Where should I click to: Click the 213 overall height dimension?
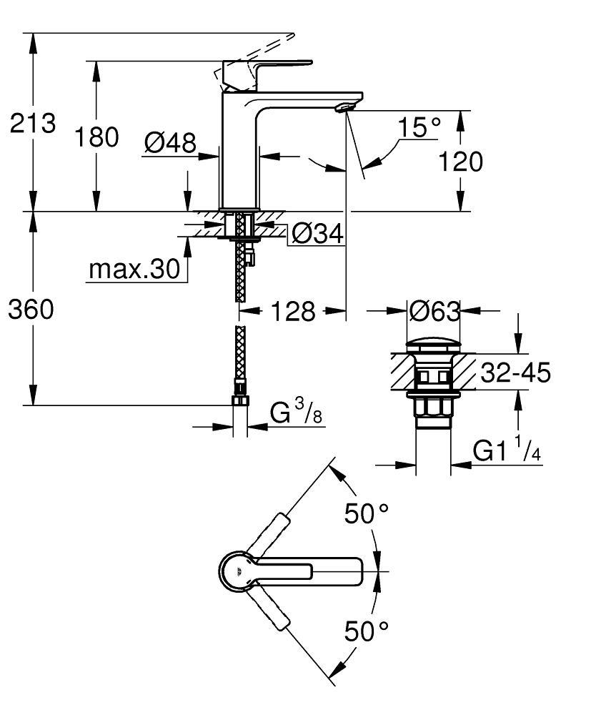tap(32, 124)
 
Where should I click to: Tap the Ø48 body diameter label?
tap(169, 143)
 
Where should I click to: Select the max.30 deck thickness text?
tap(134, 270)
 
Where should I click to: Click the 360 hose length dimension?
tap(31, 310)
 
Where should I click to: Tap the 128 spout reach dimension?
tap(294, 311)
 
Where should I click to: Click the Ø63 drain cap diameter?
tap(434, 310)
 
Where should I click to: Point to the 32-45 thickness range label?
tap(515, 373)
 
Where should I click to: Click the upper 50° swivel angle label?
tap(367, 513)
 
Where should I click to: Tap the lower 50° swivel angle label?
tap(367, 631)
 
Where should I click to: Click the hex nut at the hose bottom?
tap(240, 399)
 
